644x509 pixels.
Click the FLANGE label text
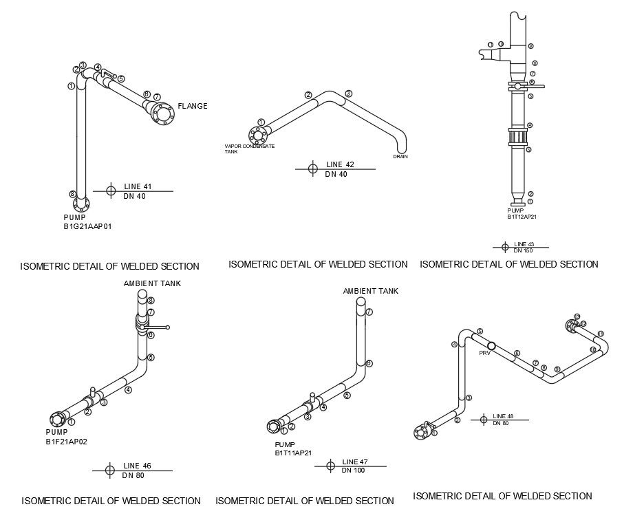[x=192, y=106]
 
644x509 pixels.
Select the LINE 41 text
[x=138, y=186]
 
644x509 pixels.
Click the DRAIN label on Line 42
[x=400, y=157]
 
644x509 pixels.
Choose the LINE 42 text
[x=340, y=164]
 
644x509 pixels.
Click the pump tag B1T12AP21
[x=522, y=217]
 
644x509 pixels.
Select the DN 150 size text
[x=524, y=250]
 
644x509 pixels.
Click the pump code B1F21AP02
[x=66, y=440]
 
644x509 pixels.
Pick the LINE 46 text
[x=137, y=466]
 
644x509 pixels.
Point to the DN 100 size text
[x=353, y=470]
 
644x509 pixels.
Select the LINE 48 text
[x=503, y=416]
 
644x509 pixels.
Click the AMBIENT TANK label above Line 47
[x=370, y=291]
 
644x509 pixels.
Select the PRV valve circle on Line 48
[x=492, y=345]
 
